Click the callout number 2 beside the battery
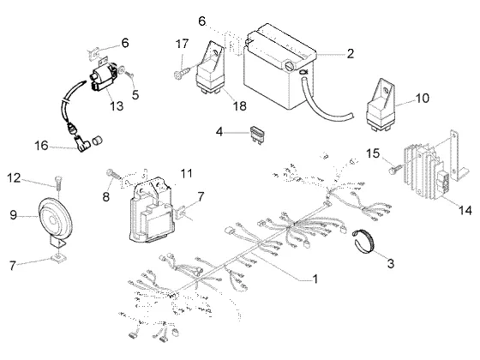click(x=351, y=53)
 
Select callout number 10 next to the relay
click(x=422, y=99)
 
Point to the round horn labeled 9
click(x=55, y=219)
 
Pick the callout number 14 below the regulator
click(x=465, y=210)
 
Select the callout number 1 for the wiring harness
click(x=315, y=279)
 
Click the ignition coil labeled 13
click(x=102, y=79)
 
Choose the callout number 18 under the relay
click(x=240, y=106)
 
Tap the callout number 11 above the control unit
click(x=187, y=173)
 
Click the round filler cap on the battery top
click(x=290, y=66)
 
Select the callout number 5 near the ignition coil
click(x=135, y=95)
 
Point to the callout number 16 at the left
click(x=41, y=146)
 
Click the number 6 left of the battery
click(x=202, y=21)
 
